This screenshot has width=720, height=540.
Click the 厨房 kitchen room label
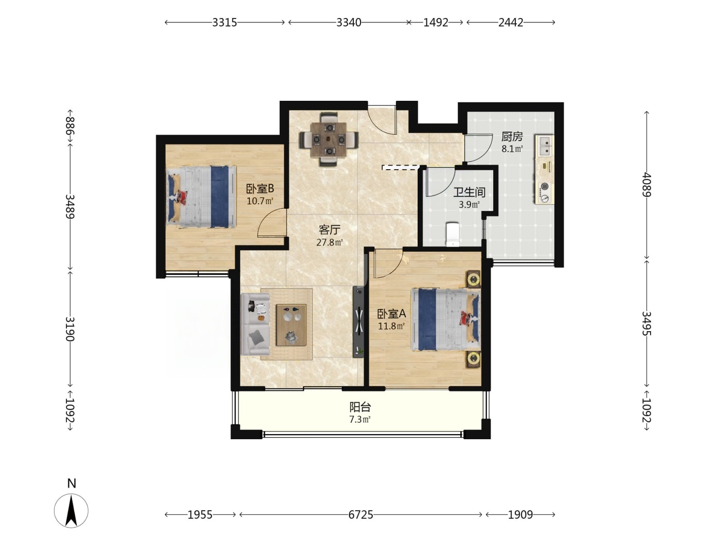pyautogui.click(x=512, y=136)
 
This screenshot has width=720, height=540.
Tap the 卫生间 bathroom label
pyautogui.click(x=469, y=192)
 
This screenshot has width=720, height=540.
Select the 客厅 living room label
pyautogui.click(x=329, y=230)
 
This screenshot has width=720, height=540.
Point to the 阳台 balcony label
pyautogui.click(x=360, y=407)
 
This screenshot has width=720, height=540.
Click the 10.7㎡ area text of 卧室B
pyautogui.click(x=260, y=201)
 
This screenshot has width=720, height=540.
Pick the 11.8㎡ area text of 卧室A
pyautogui.click(x=391, y=326)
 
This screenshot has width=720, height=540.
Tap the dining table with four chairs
pyautogui.click(x=329, y=139)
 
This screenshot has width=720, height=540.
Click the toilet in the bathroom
pyautogui.click(x=453, y=234)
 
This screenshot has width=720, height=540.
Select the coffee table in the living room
pyautogui.click(x=291, y=325)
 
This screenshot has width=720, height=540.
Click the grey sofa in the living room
pyautogui.click(x=255, y=324)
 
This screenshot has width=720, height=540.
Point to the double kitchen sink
pyautogui.click(x=545, y=146)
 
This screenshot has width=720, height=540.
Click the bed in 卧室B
pyautogui.click(x=201, y=197)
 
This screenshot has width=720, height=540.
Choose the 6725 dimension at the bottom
pyautogui.click(x=361, y=515)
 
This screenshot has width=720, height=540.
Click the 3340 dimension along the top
pyautogui.click(x=349, y=22)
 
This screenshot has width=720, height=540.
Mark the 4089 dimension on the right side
pyautogui.click(x=646, y=184)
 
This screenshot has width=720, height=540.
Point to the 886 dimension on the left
pyautogui.click(x=70, y=126)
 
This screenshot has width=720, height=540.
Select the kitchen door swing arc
pyautogui.click(x=478, y=148)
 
